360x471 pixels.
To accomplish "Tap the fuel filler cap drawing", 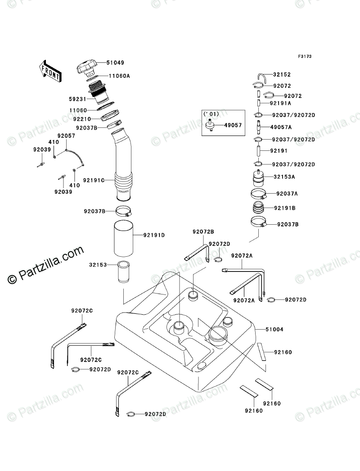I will (x=86, y=67).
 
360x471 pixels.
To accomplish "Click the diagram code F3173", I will (x=304, y=57).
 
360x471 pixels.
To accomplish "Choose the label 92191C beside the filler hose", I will (x=96, y=181).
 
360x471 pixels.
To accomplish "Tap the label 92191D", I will (x=154, y=235).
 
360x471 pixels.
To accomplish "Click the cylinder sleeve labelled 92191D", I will (x=123, y=239).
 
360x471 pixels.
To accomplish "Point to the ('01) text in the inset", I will (x=211, y=114).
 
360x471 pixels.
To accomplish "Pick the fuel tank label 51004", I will (x=274, y=330).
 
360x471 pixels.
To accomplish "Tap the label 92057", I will (x=65, y=135).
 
